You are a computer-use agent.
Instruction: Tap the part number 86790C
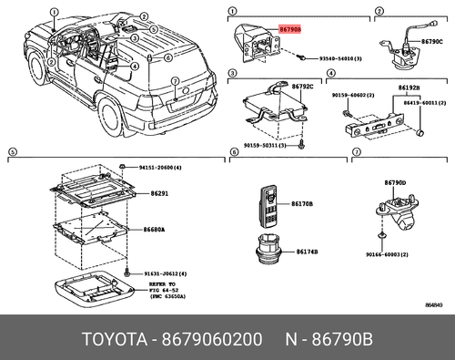point(431,41)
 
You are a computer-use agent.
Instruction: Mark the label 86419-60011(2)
point(420,104)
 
